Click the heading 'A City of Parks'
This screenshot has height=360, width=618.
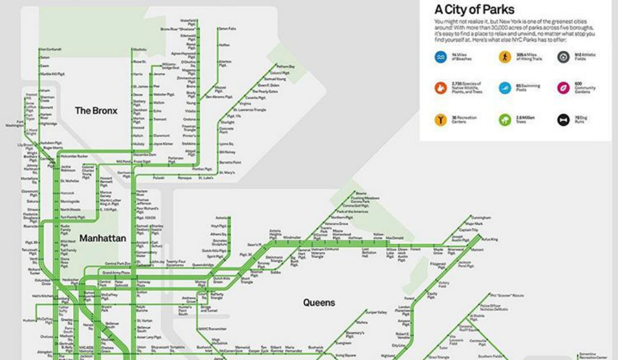point(474,10)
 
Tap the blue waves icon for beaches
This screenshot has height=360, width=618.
point(441,57)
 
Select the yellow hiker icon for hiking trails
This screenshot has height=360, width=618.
point(505,57)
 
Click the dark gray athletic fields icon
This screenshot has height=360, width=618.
point(563,57)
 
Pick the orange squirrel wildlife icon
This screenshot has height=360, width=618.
point(441,88)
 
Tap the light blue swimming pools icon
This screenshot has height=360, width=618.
point(505,88)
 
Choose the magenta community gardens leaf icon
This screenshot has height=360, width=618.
point(563,88)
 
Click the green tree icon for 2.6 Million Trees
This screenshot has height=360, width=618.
point(505,120)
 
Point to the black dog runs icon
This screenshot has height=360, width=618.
point(563,120)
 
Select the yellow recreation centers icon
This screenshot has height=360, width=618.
point(441,120)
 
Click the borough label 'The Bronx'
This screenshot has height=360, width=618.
point(96,110)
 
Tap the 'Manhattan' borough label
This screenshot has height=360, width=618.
point(103,238)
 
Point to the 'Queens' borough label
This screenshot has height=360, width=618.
point(319,303)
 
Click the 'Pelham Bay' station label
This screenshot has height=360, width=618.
point(286,67)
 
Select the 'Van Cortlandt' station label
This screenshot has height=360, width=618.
point(50,49)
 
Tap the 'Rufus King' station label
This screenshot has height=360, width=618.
point(490,239)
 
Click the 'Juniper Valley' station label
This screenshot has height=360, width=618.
point(377,312)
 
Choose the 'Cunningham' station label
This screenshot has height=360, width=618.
point(481,217)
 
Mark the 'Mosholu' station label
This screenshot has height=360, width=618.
point(140,49)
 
